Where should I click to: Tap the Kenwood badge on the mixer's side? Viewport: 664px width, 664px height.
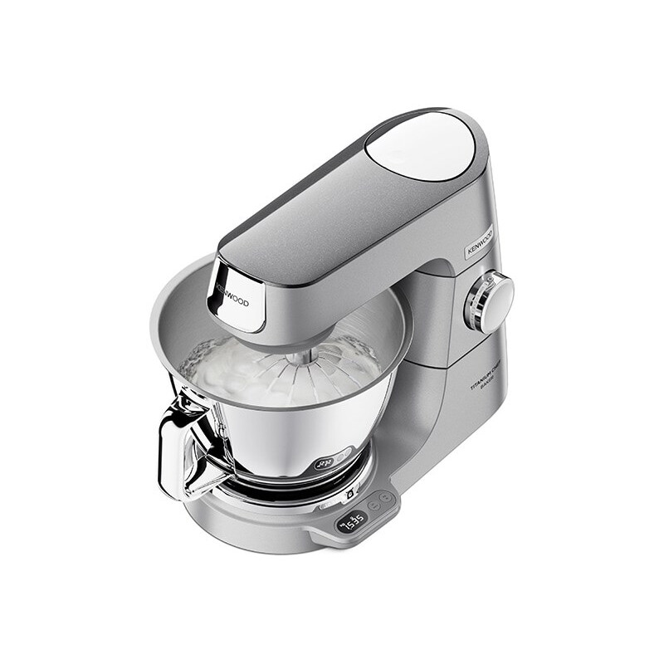[480, 242]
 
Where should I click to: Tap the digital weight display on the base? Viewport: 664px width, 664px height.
[355, 521]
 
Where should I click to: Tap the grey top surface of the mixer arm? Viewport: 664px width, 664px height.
[332, 207]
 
